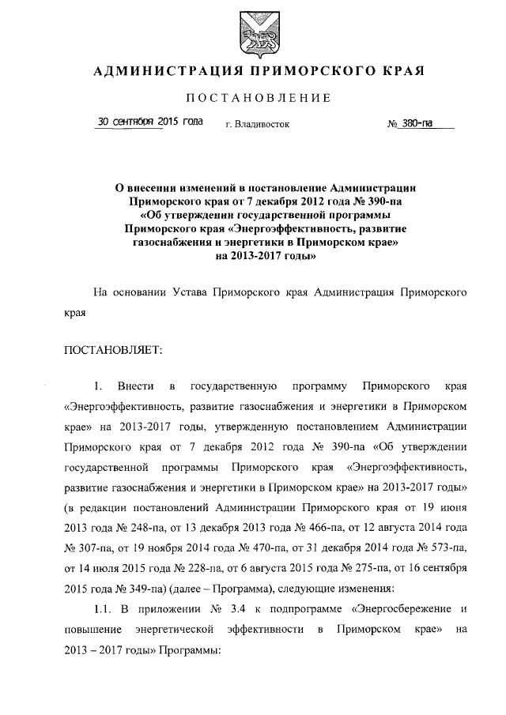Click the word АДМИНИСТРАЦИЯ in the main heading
161,71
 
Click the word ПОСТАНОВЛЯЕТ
112,350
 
